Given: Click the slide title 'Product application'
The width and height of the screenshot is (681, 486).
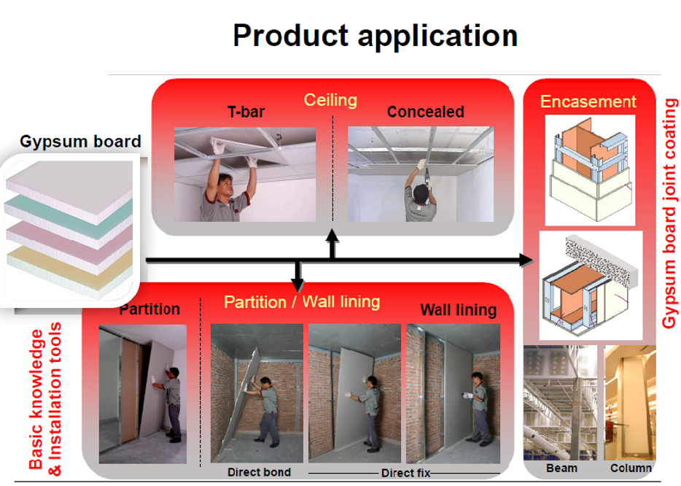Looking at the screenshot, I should (375, 35).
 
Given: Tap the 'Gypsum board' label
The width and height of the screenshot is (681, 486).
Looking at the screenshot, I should (80, 141).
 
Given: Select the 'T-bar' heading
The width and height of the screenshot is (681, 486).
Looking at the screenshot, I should (245, 112).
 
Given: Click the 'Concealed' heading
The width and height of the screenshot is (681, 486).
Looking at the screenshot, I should (425, 112).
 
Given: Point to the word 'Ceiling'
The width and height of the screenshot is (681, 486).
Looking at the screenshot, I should (330, 99).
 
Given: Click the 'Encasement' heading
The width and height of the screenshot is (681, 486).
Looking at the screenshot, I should (588, 101).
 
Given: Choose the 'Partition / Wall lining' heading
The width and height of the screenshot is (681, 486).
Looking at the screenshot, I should (302, 301).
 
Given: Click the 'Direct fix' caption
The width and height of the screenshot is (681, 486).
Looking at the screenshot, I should (405, 473).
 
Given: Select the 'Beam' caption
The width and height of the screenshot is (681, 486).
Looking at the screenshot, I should (561, 468).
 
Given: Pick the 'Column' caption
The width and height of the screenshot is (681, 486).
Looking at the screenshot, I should (630, 468).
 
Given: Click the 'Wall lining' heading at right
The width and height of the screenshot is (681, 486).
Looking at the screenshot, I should (458, 310).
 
